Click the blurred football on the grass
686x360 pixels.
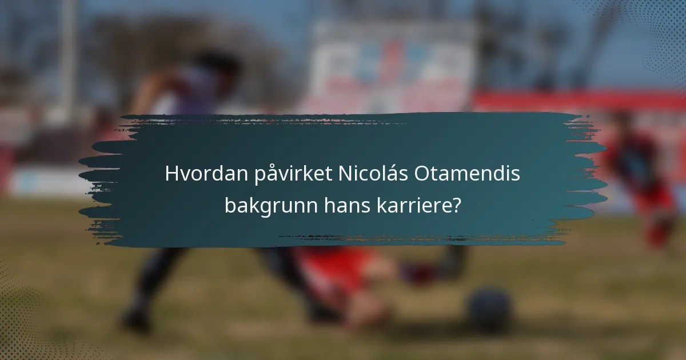point(488,309)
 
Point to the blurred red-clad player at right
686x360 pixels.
point(640,177)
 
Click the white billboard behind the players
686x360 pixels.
point(394,63)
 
